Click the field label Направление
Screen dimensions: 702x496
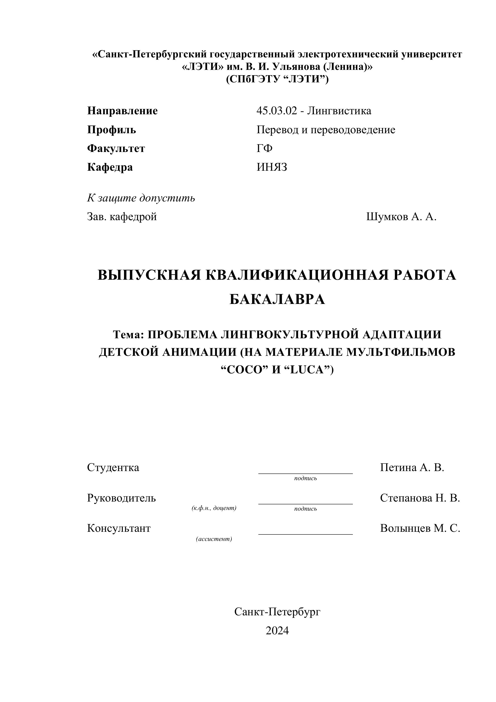pyautogui.click(x=123, y=111)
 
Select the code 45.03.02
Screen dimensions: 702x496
pyautogui.click(x=276, y=111)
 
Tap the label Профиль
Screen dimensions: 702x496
pyautogui.click(x=112, y=130)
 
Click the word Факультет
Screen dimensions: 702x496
pyautogui.click(x=116, y=149)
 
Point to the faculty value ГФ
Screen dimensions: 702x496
pyautogui.click(x=265, y=149)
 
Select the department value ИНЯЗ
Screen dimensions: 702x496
pyautogui.click(x=272, y=167)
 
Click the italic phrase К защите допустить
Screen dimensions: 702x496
pyautogui.click(x=141, y=198)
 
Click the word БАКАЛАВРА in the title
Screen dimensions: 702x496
pyautogui.click(x=277, y=299)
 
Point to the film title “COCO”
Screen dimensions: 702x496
pyautogui.click(x=242, y=370)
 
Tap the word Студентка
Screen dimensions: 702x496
pyautogui.click(x=113, y=467)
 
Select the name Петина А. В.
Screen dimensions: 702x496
pyautogui.click(x=412, y=467)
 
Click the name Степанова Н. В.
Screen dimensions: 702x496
pyautogui.click(x=420, y=498)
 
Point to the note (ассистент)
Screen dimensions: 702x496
pyautogui.click(x=214, y=539)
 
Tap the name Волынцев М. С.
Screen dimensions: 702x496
pyautogui.click(x=420, y=528)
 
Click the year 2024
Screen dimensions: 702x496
pyautogui.click(x=277, y=630)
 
